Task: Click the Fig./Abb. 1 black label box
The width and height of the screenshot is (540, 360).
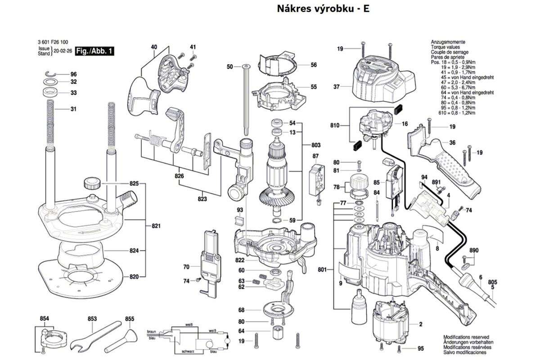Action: pos(94,51)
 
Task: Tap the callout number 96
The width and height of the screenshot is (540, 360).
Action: pos(73,74)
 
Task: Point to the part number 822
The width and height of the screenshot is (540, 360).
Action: pos(239,261)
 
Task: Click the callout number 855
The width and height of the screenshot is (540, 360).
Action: pos(130,319)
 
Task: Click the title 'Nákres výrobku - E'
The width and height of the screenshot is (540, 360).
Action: pos(323,9)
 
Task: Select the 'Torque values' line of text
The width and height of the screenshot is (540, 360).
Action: pos(445,47)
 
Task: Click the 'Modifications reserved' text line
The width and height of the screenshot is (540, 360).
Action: pos(466,337)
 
